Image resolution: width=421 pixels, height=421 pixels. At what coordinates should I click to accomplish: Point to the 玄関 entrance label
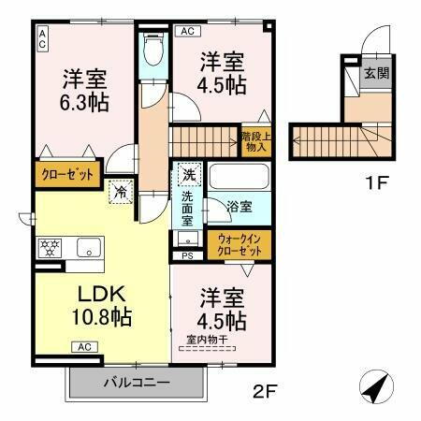(x=376, y=73)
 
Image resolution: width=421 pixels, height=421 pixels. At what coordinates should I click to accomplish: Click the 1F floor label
(x=376, y=183)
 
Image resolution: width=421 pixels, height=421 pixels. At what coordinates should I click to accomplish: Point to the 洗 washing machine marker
(x=188, y=174)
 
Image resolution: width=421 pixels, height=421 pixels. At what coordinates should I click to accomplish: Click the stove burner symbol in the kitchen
(x=48, y=249)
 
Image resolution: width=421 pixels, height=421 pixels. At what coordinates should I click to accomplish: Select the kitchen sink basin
(x=89, y=249)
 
